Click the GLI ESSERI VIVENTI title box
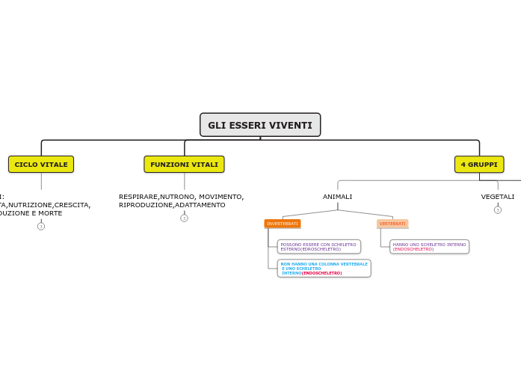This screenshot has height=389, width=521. [x=260, y=125]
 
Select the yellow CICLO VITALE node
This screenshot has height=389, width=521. [x=41, y=165]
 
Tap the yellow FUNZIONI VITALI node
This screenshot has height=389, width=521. [x=184, y=165]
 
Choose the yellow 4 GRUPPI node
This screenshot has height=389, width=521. [x=479, y=165]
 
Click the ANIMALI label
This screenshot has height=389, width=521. [x=337, y=197]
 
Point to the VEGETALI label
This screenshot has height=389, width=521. [x=498, y=197]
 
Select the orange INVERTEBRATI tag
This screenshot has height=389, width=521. [x=283, y=224]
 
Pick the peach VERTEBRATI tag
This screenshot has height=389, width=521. [x=392, y=224]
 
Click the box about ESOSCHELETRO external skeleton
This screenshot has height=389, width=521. [x=318, y=247]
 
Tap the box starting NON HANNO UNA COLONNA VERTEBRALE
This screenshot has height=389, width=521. [x=324, y=269]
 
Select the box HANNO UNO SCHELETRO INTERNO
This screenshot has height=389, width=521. [x=429, y=247]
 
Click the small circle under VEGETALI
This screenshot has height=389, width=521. [x=498, y=210]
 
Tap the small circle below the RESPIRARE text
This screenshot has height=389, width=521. [x=184, y=218]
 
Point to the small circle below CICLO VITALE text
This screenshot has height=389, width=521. [x=41, y=226]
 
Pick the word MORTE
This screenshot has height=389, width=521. [x=49, y=213]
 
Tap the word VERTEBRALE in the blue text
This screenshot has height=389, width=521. [x=354, y=264]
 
